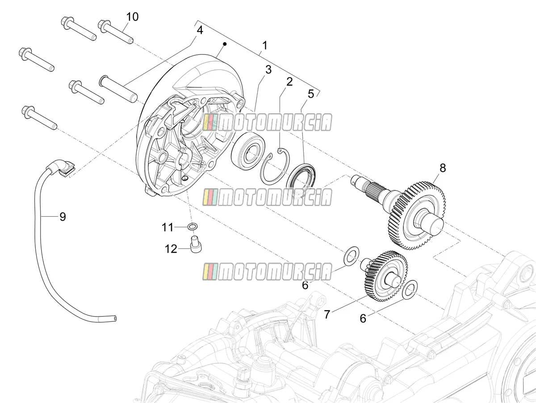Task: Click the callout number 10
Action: click(132, 17)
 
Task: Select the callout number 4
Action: click(200, 30)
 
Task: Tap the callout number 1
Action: click(264, 45)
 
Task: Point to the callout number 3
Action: click(268, 70)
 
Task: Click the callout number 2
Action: click(289, 82)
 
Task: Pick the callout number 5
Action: click(310, 94)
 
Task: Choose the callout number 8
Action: click(443, 168)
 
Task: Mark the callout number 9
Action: click(63, 217)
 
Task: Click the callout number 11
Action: click(167, 227)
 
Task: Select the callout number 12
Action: click(171, 249)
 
